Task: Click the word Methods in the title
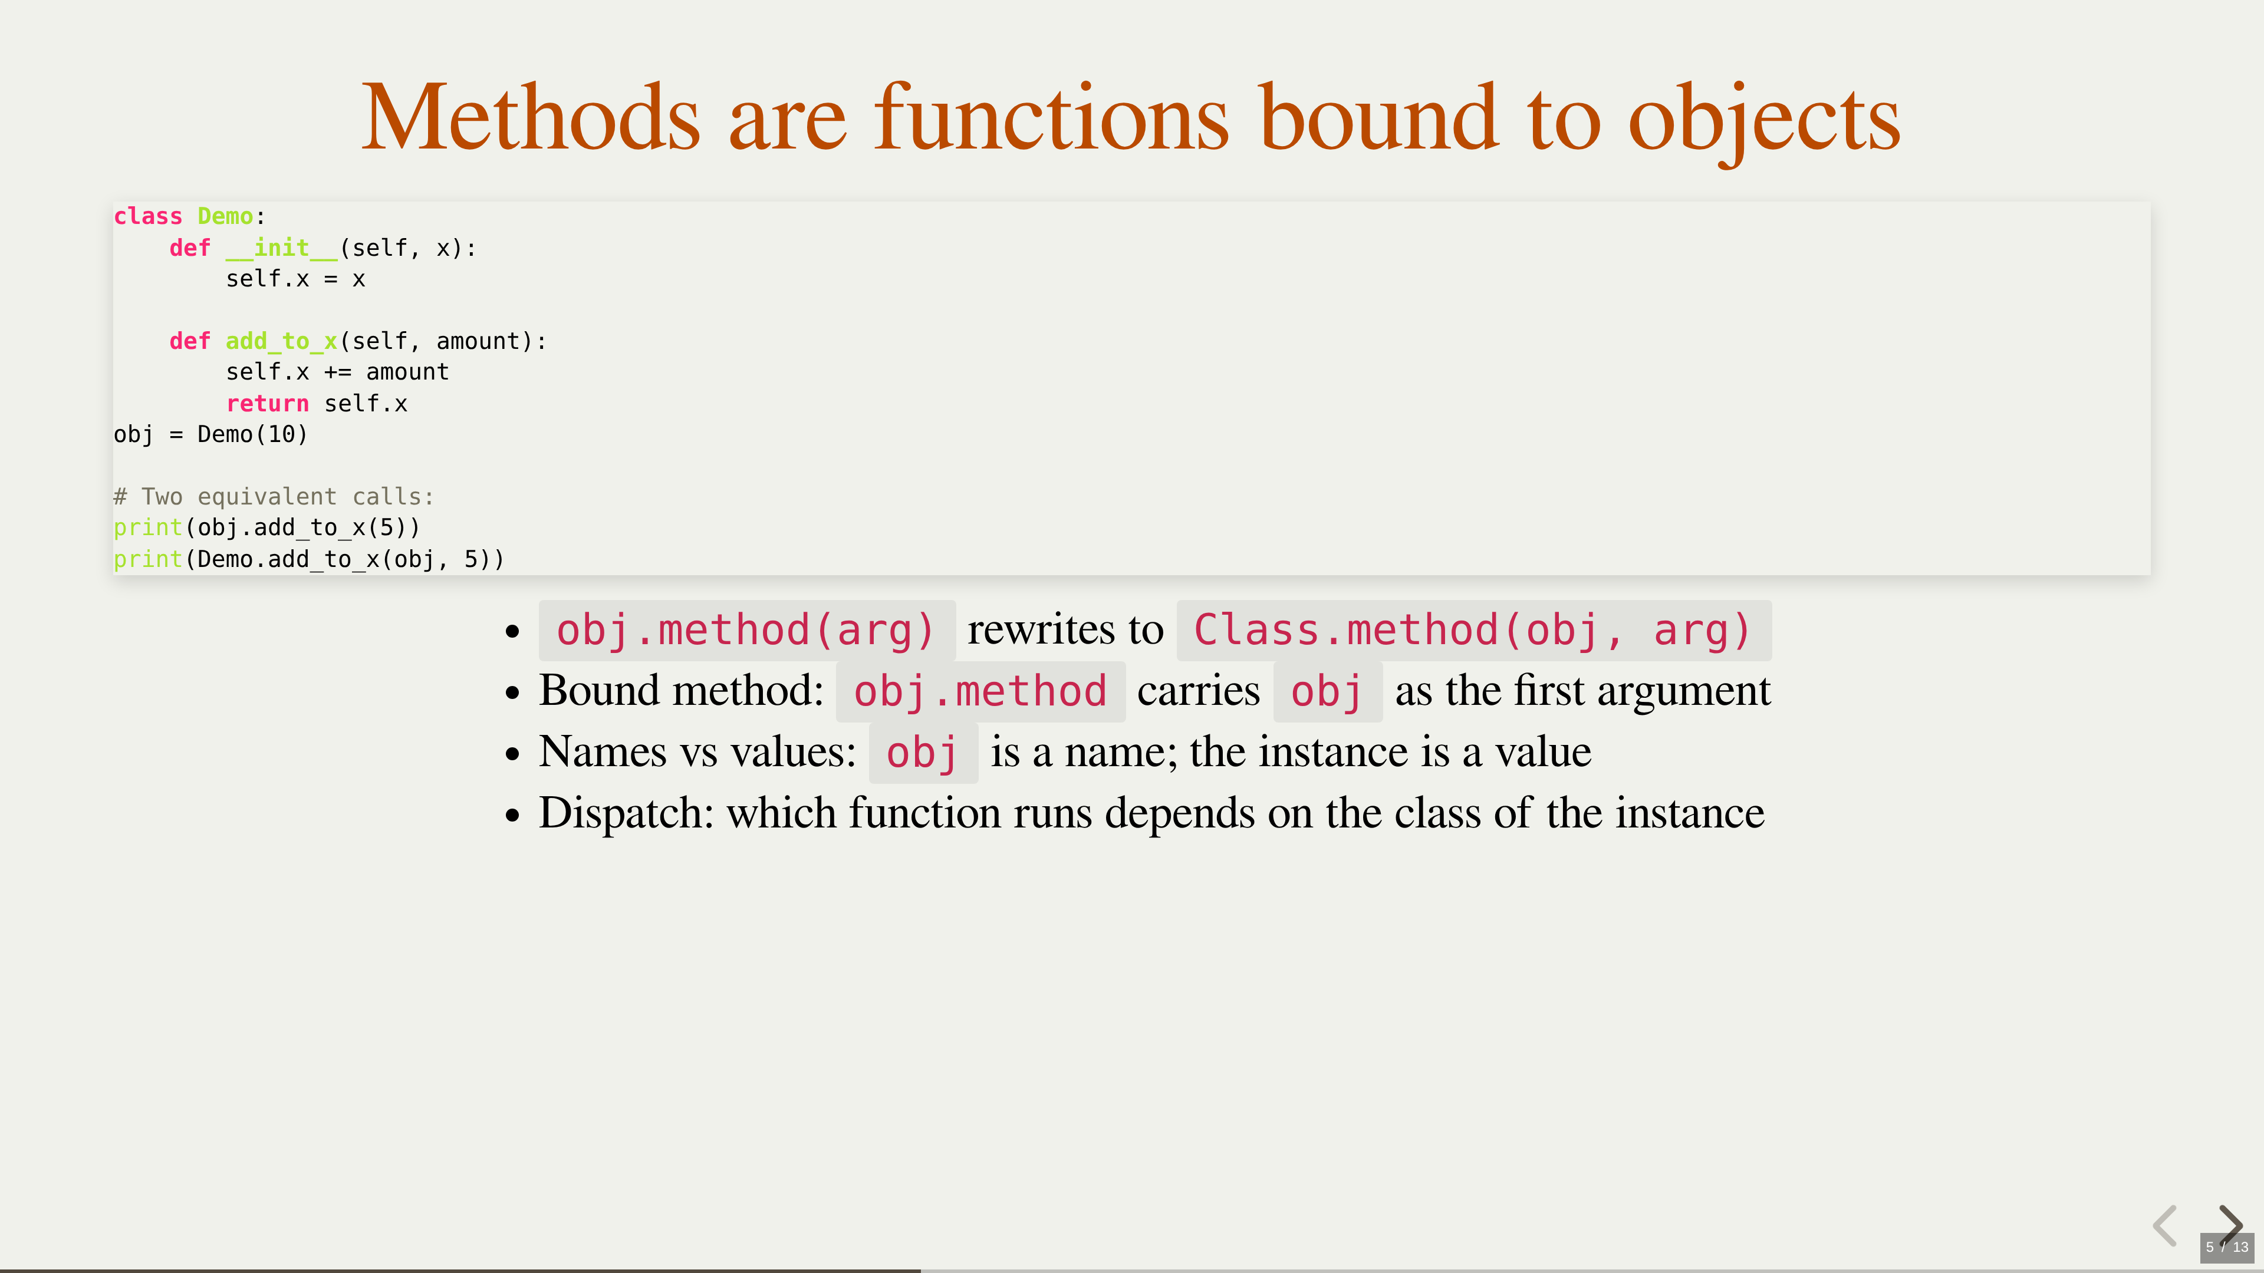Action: click(531, 118)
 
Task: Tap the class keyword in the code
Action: click(147, 216)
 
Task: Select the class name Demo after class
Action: click(225, 216)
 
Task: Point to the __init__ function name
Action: click(281, 248)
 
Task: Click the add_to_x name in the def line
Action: click(281, 341)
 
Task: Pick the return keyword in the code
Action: click(267, 403)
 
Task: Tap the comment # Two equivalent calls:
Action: click(274, 496)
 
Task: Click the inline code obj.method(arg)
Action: click(746, 631)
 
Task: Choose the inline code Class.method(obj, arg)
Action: click(1474, 631)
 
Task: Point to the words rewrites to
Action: click(1065, 629)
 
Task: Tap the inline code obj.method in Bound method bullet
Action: click(980, 691)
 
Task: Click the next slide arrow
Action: click(2230, 1224)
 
